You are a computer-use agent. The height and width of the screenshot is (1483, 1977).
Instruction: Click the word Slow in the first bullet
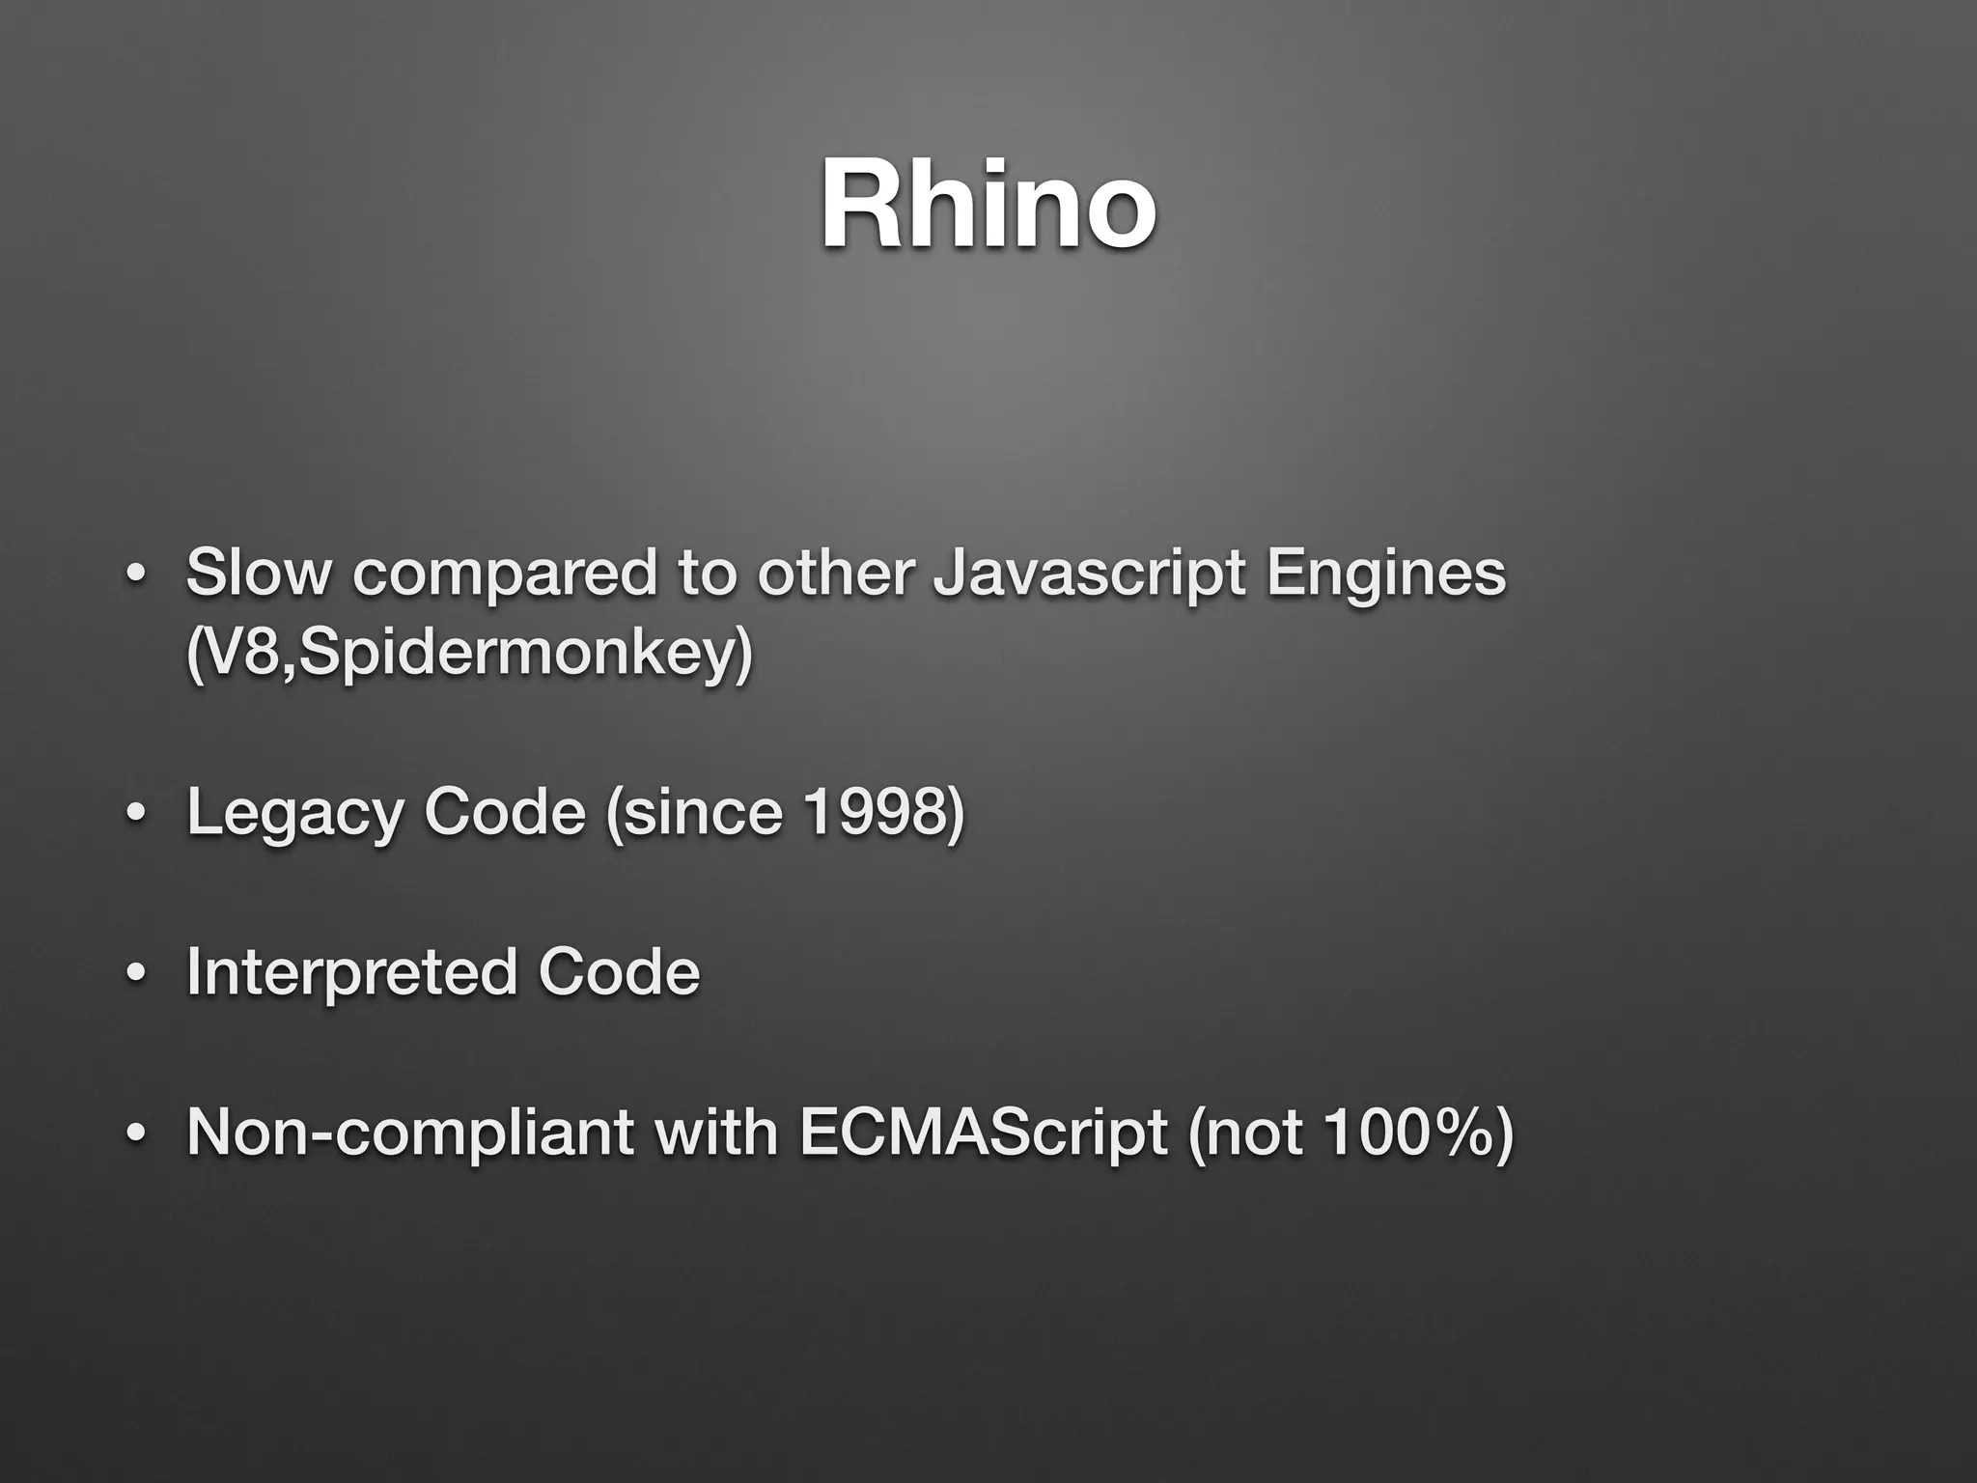(x=258, y=572)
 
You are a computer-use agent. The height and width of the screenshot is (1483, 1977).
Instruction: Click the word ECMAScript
(x=983, y=1133)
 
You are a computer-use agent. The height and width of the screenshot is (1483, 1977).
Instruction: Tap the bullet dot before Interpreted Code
(x=136, y=975)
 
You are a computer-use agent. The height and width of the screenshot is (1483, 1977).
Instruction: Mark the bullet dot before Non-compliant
(x=136, y=1134)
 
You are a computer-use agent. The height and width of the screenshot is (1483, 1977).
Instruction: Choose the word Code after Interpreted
(x=619, y=972)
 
